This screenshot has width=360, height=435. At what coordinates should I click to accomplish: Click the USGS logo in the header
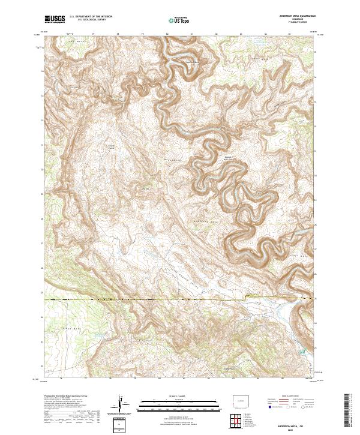[55, 19]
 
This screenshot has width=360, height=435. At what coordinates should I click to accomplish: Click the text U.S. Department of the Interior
[91, 17]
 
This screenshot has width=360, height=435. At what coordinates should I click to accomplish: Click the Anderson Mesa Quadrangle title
[296, 16]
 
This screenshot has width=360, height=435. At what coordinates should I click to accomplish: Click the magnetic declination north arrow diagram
[121, 405]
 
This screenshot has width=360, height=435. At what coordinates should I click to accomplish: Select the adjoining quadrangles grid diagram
[235, 421]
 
